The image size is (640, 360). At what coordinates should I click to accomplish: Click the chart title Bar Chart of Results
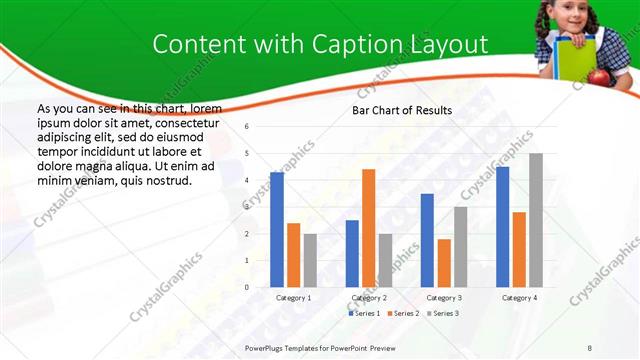point(402,110)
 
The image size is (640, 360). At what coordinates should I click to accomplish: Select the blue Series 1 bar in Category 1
point(277,230)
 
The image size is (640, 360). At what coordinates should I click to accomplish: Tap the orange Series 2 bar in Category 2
point(368,228)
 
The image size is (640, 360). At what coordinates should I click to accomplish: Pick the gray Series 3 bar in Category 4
point(535,220)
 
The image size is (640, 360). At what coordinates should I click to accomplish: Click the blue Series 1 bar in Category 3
point(427,240)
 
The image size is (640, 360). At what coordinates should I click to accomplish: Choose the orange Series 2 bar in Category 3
point(443,263)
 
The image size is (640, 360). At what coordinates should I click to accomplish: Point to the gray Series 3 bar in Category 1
point(310,260)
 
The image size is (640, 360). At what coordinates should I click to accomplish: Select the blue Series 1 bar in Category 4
point(502,227)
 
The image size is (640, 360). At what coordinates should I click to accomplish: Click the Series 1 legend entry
point(364,314)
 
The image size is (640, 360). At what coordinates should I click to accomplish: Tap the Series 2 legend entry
point(403,314)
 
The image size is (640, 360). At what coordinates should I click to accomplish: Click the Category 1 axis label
point(293,297)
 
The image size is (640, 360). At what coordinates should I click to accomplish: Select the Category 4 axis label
point(519,297)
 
